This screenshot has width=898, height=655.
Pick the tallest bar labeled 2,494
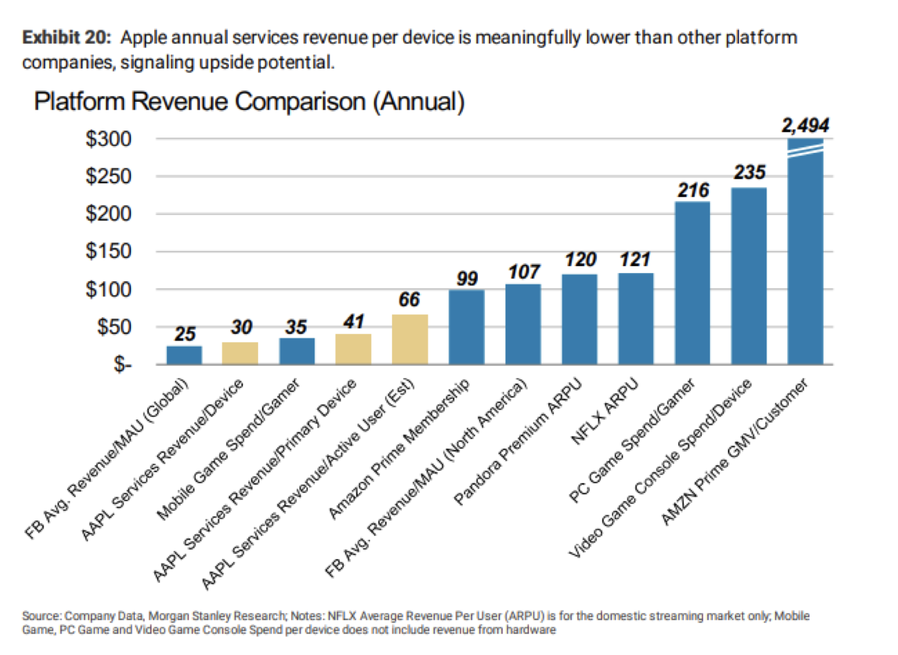click(806, 256)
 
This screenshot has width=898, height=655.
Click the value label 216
click(693, 190)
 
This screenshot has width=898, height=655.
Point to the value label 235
click(750, 172)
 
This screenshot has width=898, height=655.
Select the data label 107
click(524, 271)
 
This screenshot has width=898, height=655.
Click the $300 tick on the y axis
click(109, 139)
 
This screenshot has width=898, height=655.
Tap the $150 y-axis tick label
click(109, 251)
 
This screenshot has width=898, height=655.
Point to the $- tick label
click(122, 364)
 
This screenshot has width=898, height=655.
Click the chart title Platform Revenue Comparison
click(250, 102)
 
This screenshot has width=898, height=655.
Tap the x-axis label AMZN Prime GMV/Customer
click(735, 452)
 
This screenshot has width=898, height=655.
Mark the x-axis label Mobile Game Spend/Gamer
click(228, 449)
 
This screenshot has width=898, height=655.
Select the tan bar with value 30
click(240, 353)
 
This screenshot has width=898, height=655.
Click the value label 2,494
click(806, 126)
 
